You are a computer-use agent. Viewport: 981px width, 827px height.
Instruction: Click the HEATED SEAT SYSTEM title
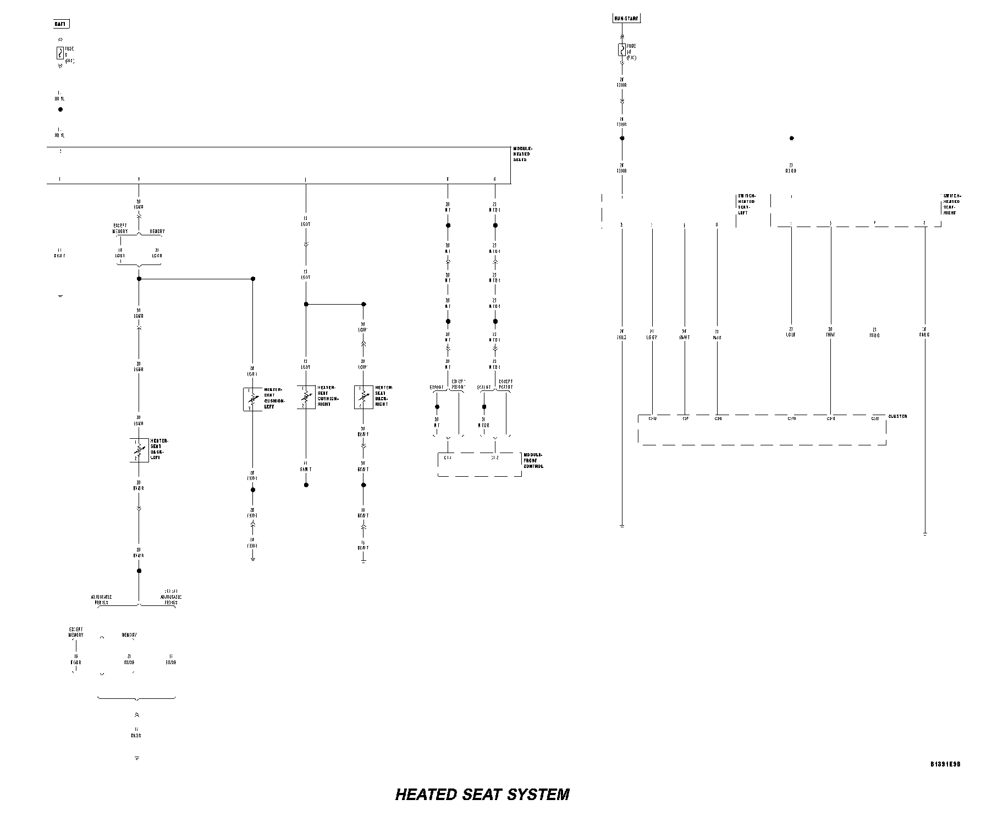[482, 795]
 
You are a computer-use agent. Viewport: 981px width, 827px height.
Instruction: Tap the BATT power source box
[61, 24]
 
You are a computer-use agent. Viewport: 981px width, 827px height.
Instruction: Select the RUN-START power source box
[626, 18]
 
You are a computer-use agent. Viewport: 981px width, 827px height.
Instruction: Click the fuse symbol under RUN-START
[621, 50]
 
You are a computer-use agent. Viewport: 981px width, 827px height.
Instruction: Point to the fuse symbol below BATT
[59, 53]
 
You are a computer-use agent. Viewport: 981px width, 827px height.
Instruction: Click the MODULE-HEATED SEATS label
[522, 154]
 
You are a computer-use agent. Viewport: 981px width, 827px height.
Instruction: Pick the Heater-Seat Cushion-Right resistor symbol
[306, 396]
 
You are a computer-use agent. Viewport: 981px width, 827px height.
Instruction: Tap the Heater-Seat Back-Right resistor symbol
[363, 396]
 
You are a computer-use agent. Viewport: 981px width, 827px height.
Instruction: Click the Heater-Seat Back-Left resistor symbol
[139, 450]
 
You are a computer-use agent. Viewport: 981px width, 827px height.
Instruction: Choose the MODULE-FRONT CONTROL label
[533, 460]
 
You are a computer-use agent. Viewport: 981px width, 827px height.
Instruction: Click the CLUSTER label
[897, 416]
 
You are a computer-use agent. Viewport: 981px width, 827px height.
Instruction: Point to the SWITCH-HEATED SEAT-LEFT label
[747, 204]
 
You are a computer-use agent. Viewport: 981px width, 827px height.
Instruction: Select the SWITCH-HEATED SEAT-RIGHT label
[951, 204]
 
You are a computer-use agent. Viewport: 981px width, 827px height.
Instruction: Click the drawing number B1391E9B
[945, 764]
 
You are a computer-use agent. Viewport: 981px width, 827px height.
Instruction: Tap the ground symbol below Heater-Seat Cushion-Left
[253, 560]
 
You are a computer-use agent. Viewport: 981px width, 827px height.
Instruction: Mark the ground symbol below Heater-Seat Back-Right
[363, 561]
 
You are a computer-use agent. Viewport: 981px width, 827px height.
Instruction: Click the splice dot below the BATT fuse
[60, 109]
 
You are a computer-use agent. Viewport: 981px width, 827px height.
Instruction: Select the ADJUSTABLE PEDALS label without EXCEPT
[101, 599]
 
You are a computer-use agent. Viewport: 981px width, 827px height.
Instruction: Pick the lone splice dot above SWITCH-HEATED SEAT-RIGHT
[791, 139]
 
